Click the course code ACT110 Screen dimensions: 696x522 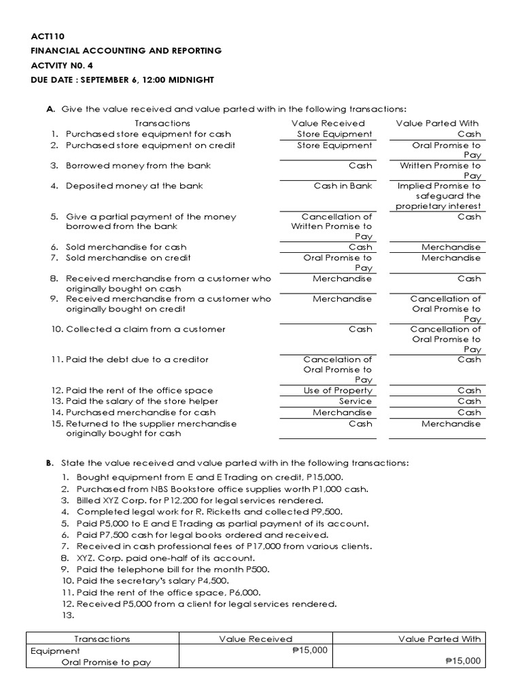coord(46,37)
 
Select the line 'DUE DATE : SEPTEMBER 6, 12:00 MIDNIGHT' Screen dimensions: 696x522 coord(122,80)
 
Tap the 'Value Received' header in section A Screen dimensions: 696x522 coord(328,123)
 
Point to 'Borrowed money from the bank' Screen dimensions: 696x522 coord(138,165)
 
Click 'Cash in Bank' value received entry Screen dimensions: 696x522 coord(343,186)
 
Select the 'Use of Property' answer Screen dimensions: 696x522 coord(338,390)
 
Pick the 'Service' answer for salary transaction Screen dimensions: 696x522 coord(355,401)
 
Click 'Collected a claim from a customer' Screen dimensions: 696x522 coord(145,329)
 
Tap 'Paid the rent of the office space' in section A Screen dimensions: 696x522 coord(139,390)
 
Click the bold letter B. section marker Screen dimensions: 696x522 coord(50,463)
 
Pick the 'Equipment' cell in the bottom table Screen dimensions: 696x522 coord(55,650)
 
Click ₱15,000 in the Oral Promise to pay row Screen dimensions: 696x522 coord(462,661)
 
